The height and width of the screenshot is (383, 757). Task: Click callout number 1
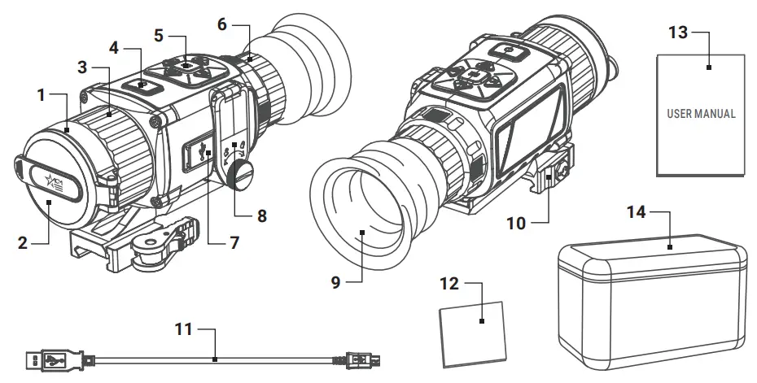tap(41, 96)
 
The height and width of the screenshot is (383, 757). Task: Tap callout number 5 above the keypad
tap(159, 35)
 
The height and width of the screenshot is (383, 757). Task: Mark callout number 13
tap(677, 32)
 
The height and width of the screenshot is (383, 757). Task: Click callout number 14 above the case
tap(637, 213)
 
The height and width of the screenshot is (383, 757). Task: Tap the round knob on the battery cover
tap(243, 172)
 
